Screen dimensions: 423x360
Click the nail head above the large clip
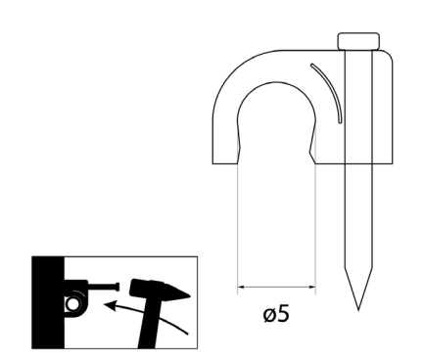[x=358, y=41]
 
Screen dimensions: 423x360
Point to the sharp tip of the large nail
[x=358, y=310]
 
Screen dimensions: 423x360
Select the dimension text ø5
[x=276, y=314]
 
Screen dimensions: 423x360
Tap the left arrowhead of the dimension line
[x=241, y=287]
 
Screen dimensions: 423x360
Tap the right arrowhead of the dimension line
[x=312, y=287]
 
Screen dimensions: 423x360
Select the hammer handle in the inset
[x=149, y=323]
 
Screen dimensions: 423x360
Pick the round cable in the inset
[x=72, y=304]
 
